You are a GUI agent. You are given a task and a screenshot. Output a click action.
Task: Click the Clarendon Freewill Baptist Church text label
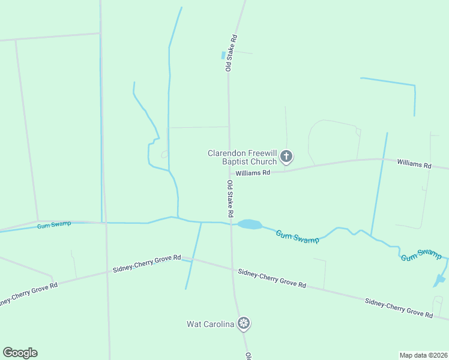point(243,157)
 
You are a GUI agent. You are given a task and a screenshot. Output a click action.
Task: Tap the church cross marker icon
point(286,158)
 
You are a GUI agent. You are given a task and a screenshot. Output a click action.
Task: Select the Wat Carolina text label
point(210,324)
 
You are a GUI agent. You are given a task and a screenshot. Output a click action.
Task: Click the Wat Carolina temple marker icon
point(244,324)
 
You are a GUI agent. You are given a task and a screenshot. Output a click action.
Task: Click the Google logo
point(20,353)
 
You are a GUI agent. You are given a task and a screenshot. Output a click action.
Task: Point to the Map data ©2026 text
point(423,355)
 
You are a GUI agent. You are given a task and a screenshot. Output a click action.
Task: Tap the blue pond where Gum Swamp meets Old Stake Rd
point(249,224)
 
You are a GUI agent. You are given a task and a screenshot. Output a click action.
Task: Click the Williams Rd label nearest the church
point(253,173)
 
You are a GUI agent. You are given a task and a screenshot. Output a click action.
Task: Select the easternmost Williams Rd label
point(414,164)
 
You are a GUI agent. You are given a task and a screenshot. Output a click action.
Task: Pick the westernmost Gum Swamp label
point(54,224)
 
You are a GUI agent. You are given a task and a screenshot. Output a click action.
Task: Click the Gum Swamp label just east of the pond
point(297,237)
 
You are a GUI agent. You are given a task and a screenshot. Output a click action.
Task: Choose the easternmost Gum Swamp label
point(421,254)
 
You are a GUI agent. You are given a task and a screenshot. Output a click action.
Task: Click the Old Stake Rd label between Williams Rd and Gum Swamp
point(230,198)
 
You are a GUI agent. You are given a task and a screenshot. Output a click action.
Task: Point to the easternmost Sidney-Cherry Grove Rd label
point(399,306)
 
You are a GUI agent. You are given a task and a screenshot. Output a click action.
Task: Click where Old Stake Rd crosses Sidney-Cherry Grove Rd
point(232,269)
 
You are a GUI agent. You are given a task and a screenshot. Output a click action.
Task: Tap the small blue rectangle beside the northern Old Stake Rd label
point(223,55)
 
